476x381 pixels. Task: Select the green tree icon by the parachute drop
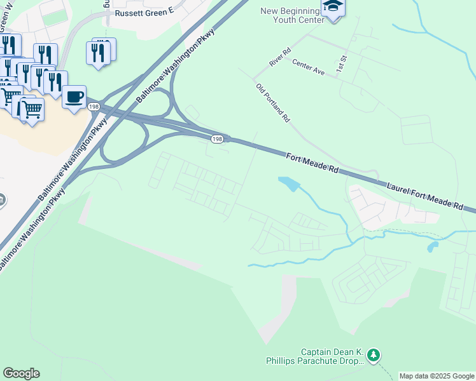(x=375, y=354)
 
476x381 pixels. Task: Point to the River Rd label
(x=279, y=56)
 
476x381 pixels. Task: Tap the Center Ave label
(x=308, y=67)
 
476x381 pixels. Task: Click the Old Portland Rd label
(x=273, y=102)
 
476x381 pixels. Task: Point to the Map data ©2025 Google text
(x=436, y=376)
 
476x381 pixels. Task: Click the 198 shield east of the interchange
(x=218, y=138)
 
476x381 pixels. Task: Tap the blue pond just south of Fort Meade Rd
(x=288, y=184)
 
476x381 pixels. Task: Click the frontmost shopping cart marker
(x=32, y=109)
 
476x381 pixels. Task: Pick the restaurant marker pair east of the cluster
(x=101, y=51)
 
